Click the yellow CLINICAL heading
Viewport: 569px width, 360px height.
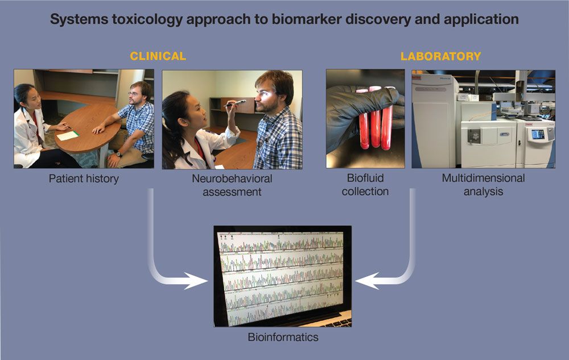pos(158,56)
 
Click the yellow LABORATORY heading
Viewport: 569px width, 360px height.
pos(440,56)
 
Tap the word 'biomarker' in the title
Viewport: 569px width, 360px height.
pos(304,19)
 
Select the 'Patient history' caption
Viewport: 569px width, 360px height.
pos(84,179)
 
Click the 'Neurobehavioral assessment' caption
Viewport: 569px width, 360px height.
pos(232,185)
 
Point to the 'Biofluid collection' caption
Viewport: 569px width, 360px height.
pos(365,185)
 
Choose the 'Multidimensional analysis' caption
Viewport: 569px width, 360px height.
pos(483,185)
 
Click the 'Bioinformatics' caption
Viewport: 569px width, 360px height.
pos(283,337)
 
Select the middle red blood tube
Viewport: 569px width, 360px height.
pos(375,117)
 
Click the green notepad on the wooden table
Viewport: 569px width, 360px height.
pos(67,135)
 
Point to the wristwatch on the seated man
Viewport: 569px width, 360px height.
pos(118,154)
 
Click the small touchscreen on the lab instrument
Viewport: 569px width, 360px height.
pos(537,135)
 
